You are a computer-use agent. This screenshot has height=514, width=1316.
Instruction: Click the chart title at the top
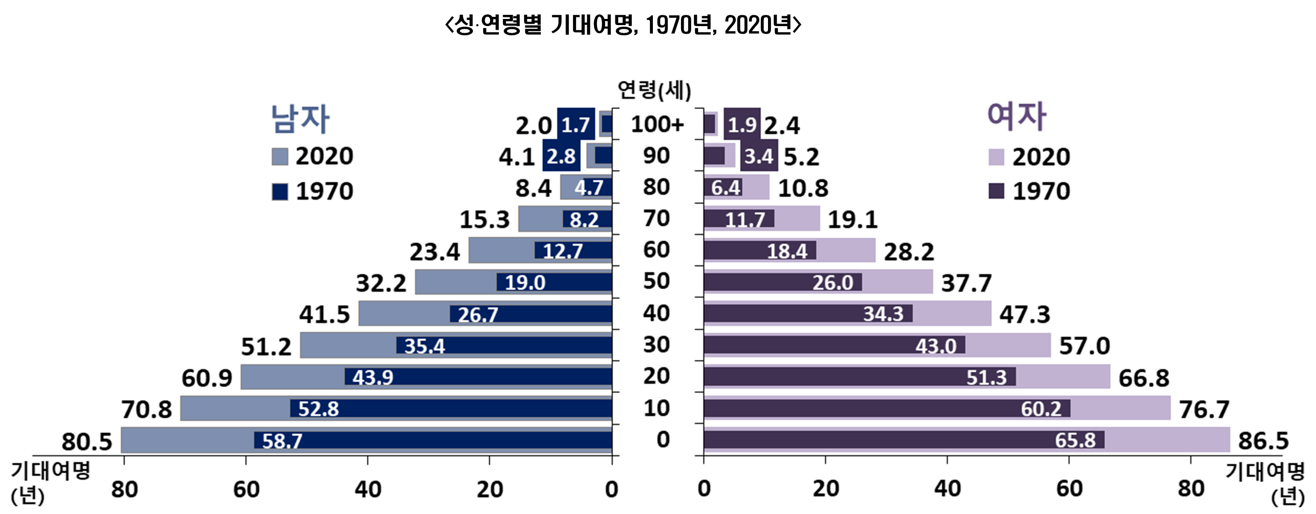tap(623, 25)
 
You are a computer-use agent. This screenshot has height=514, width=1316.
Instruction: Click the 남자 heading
tap(300, 119)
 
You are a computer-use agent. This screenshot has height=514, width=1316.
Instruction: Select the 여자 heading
tap(1016, 116)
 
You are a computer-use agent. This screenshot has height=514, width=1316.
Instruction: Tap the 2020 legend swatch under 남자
tap(280, 157)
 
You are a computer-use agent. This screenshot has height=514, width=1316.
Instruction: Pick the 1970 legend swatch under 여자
tap(996, 191)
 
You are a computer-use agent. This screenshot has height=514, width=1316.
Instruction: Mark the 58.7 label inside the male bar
tap(282, 441)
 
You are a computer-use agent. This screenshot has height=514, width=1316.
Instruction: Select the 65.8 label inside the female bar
tap(1075, 440)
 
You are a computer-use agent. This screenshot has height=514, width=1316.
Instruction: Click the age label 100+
tap(657, 124)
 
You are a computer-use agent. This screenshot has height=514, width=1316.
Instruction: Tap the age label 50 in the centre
tap(656, 281)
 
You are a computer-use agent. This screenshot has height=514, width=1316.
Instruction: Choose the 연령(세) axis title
tap(654, 90)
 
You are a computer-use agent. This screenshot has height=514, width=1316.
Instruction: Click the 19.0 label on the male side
tap(525, 283)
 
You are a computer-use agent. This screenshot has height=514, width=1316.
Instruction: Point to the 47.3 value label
tap(1024, 314)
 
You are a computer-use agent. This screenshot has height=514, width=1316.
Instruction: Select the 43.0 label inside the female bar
tap(935, 346)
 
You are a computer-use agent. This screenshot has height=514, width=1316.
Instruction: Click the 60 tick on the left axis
tap(246, 490)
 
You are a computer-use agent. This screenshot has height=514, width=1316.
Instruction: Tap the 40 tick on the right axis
tap(947, 489)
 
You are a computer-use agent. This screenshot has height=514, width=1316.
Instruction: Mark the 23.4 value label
tap(434, 252)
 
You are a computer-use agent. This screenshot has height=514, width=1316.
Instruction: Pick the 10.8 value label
tap(803, 188)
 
